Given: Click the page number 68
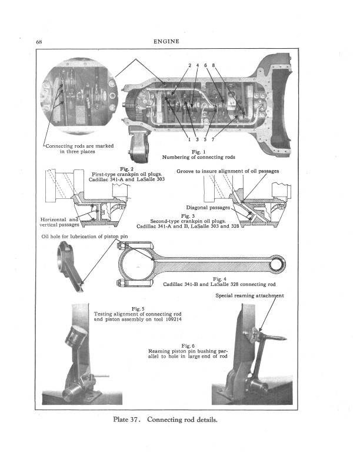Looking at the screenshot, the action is (x=39, y=42).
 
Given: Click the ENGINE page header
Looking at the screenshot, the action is (x=166, y=42).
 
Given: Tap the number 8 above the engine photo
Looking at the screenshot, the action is (x=214, y=65).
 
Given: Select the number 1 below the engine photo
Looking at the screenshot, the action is (x=189, y=139).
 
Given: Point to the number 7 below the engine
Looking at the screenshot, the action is (x=213, y=139).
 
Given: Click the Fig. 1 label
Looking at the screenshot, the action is (x=199, y=152).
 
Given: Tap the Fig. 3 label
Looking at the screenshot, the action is (x=188, y=216).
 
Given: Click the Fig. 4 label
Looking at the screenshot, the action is (x=219, y=279).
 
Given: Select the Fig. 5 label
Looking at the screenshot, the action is (x=138, y=309).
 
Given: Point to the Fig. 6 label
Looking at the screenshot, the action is (x=188, y=346).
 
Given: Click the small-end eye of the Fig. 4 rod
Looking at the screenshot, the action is (x=278, y=264).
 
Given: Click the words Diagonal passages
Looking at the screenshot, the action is (x=208, y=208).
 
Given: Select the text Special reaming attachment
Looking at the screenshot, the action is (x=249, y=296).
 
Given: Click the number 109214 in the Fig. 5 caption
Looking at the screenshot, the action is (x=172, y=319).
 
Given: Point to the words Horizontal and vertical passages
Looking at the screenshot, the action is (x=59, y=222).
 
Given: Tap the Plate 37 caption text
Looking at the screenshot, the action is (x=165, y=420).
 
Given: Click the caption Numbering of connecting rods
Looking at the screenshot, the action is (x=198, y=157).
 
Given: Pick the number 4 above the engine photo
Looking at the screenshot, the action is (x=197, y=65).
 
